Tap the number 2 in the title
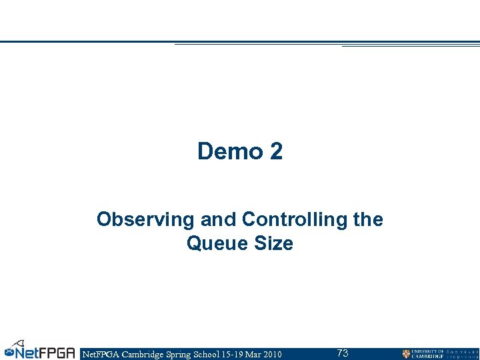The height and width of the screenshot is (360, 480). point(276,152)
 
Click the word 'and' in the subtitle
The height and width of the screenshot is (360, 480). point(218,219)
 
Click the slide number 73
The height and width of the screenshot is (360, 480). point(342,353)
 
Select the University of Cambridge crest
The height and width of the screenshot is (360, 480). point(406,354)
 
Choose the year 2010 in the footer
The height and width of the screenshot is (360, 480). point(272,354)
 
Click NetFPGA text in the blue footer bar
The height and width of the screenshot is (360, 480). point(99,354)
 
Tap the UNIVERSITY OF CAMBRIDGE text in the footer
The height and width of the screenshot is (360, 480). point(428,354)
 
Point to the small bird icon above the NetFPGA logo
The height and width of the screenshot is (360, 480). point(21,342)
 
